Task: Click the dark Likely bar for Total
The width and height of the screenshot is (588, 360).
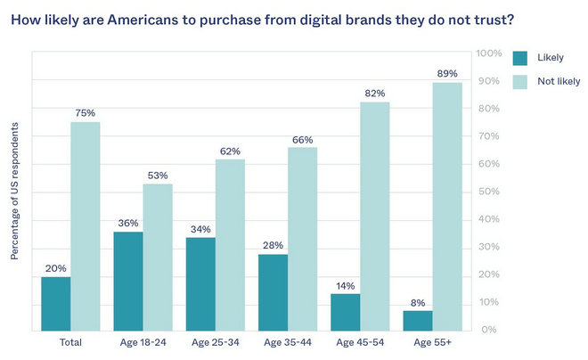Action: click(x=55, y=303)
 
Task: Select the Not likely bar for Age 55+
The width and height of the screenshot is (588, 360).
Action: click(x=446, y=206)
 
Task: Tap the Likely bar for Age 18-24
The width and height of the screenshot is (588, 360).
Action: click(x=128, y=282)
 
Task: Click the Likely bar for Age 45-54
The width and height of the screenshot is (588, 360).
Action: click(x=346, y=312)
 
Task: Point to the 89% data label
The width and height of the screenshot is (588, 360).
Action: click(x=447, y=74)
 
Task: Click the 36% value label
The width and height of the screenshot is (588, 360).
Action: click(x=128, y=224)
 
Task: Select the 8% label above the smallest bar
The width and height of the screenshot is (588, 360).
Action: click(x=418, y=301)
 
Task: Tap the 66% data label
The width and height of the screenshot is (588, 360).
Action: click(x=302, y=139)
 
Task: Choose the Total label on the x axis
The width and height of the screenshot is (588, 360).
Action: click(x=70, y=341)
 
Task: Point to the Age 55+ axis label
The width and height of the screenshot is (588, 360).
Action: click(x=432, y=341)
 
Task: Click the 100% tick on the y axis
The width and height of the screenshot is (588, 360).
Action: click(x=489, y=53)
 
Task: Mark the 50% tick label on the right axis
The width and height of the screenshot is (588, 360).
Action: click(x=489, y=192)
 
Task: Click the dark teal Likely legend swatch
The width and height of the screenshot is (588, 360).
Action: click(x=520, y=58)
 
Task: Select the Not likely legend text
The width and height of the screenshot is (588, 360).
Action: click(x=559, y=81)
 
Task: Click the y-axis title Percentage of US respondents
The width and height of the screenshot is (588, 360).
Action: click(x=15, y=191)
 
